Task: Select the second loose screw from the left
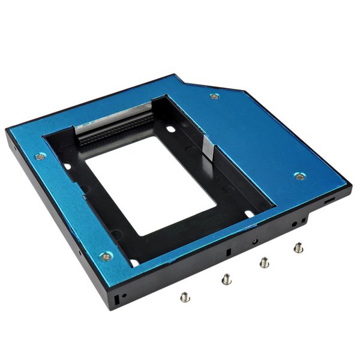click(226, 278)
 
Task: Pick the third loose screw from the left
click(263, 261)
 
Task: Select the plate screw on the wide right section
click(298, 176)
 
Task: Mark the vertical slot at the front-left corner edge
click(116, 298)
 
